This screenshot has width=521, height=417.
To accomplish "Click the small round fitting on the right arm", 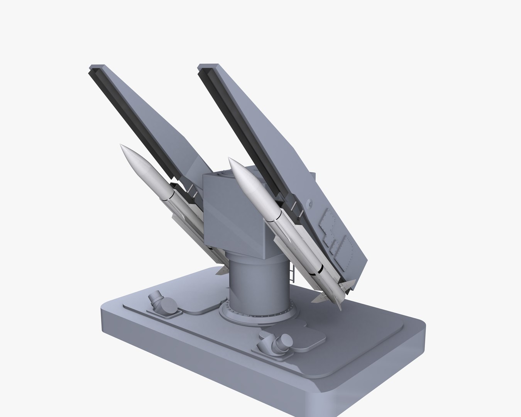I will (309, 202).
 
